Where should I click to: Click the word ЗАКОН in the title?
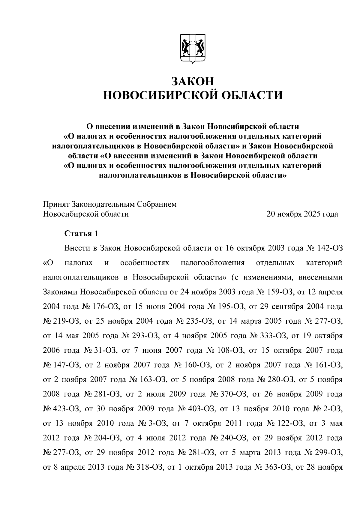coord(193,81)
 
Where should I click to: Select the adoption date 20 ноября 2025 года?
coord(302,214)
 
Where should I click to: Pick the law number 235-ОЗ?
coord(199,321)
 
